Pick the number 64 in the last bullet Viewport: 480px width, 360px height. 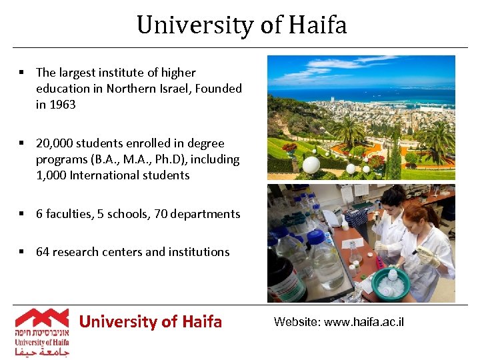point(43,252)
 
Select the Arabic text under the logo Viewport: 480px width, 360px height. point(42,351)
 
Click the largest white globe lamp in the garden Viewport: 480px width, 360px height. point(311,164)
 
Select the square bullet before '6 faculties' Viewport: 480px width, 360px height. point(22,214)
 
